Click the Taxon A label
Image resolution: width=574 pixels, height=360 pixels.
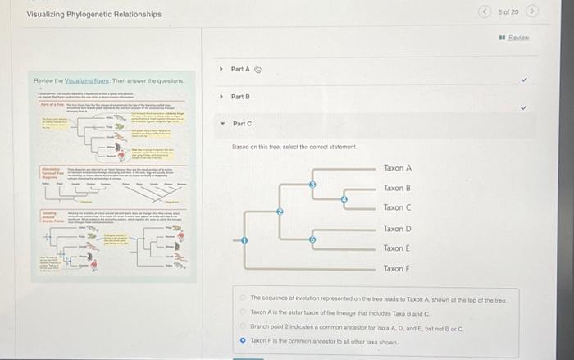pyautogui.click(x=397, y=168)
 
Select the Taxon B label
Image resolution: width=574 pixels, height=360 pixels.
pyautogui.click(x=397, y=189)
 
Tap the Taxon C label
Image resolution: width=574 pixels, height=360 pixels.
pyautogui.click(x=397, y=208)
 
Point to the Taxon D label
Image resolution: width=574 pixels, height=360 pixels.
pyautogui.click(x=397, y=229)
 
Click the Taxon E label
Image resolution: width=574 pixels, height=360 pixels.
pyautogui.click(x=397, y=248)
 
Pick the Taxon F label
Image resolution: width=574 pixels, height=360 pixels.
pyautogui.click(x=397, y=269)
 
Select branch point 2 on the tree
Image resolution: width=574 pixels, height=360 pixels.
pyautogui.click(x=280, y=212)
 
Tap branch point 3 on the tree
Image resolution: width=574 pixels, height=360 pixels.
pyautogui.click(x=312, y=185)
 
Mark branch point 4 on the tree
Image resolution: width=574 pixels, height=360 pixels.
pyautogui.click(x=344, y=198)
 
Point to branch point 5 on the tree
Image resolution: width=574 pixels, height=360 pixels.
pyautogui.click(x=312, y=239)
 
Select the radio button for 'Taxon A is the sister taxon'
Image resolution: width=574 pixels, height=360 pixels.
pyautogui.click(x=243, y=312)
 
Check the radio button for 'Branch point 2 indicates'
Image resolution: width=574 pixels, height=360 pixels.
pyautogui.click(x=243, y=326)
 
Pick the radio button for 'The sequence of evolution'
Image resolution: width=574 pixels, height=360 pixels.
pyautogui.click(x=243, y=298)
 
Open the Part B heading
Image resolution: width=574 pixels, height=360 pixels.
pyautogui.click(x=239, y=97)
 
